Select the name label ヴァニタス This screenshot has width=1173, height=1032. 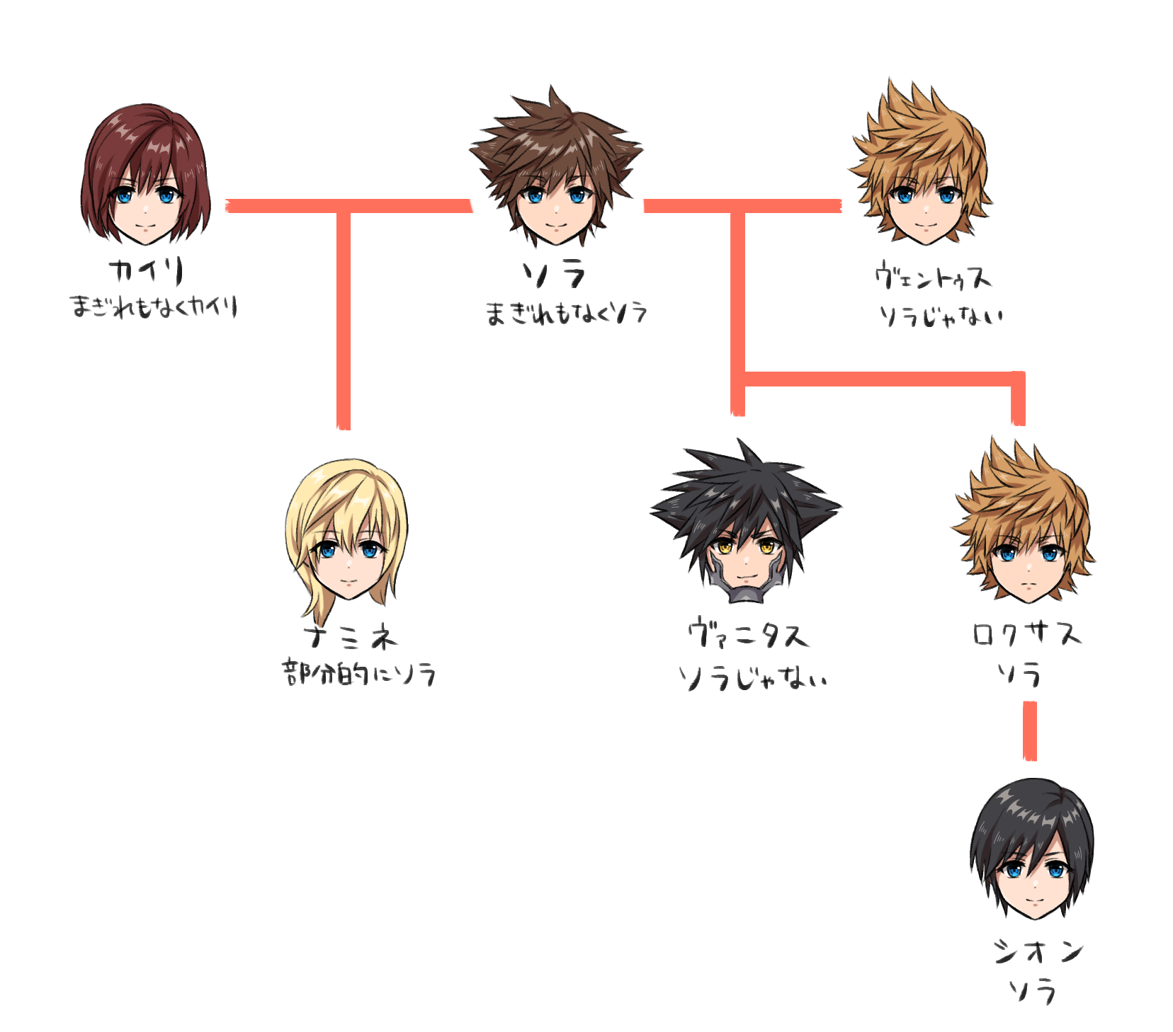(748, 634)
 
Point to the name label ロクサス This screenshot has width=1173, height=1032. (1026, 633)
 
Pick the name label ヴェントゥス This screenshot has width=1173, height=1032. (932, 276)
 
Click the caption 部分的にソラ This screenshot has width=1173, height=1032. (358, 674)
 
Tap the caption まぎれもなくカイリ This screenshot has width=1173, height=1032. (153, 307)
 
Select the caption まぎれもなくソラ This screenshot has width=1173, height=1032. (565, 313)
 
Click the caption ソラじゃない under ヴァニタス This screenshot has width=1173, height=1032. (752, 678)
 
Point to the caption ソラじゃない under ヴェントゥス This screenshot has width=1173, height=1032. (941, 315)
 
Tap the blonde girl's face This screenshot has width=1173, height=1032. (348, 559)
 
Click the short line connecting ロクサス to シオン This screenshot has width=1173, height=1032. (1030, 730)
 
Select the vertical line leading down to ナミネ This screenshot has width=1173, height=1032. (344, 319)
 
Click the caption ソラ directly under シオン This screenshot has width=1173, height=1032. (1033, 991)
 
